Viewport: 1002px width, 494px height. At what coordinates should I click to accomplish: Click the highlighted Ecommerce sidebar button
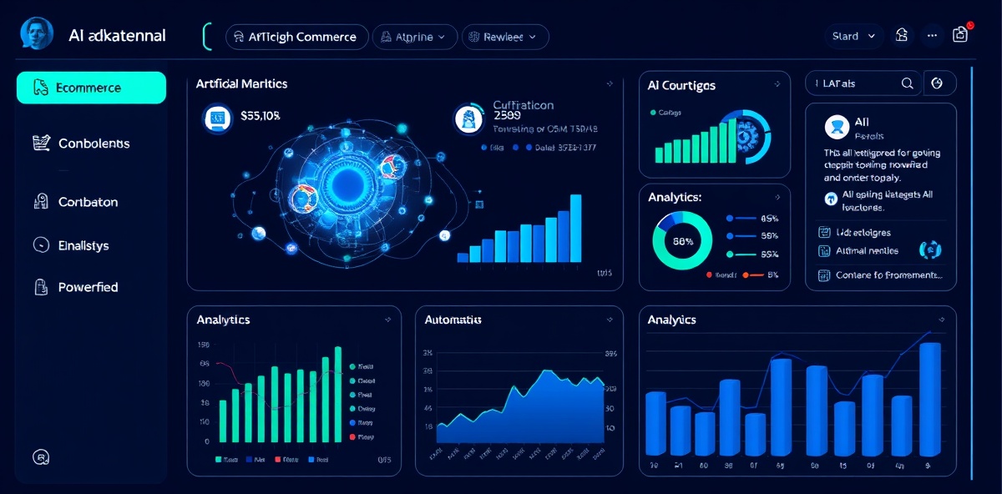click(x=90, y=88)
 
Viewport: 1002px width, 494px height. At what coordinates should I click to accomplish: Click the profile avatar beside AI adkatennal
click(x=37, y=35)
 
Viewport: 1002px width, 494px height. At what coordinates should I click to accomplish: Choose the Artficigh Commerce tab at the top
click(x=296, y=37)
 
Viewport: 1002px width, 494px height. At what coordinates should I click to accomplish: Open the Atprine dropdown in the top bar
click(x=415, y=37)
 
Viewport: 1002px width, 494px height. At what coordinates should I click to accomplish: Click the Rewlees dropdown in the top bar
click(x=504, y=37)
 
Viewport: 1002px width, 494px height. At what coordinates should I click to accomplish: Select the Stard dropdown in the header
click(x=853, y=36)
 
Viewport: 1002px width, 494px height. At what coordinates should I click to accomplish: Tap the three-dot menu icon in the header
click(x=933, y=36)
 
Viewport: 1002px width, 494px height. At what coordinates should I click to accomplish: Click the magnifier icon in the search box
click(x=907, y=83)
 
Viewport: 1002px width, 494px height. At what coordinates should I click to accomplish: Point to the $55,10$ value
click(x=259, y=117)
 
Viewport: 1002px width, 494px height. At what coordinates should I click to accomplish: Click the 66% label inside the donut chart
click(x=683, y=241)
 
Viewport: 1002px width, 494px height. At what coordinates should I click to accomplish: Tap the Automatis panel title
click(x=453, y=320)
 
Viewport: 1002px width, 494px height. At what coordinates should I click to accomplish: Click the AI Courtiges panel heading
click(x=681, y=85)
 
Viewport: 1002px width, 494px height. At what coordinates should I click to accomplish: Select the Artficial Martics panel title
click(x=241, y=83)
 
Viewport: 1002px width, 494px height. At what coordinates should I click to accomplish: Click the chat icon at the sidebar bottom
click(x=40, y=456)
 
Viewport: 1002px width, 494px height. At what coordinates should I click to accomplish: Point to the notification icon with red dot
click(x=960, y=34)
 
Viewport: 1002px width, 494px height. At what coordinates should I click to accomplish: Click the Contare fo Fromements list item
click(x=888, y=275)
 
